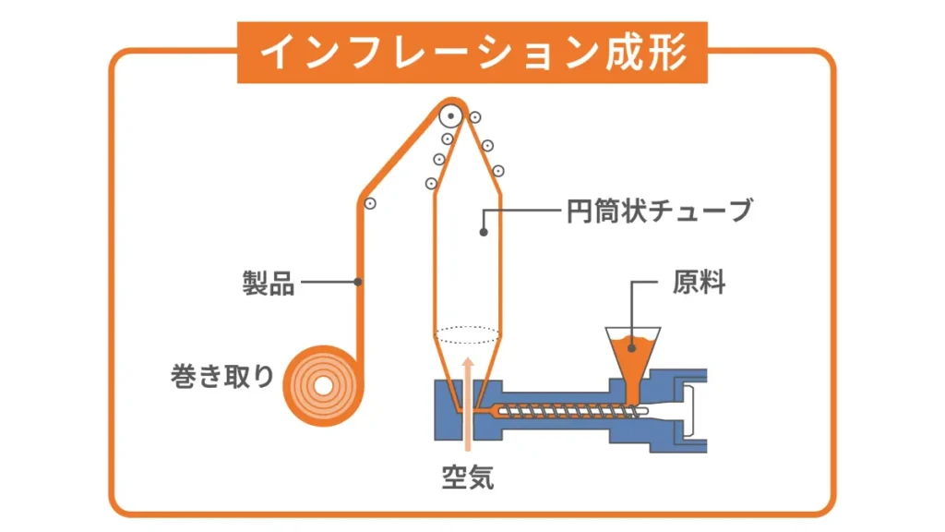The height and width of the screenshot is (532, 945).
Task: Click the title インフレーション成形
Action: (x=472, y=53)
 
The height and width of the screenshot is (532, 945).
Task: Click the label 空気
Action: (x=467, y=478)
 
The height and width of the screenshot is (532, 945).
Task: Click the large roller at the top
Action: (x=451, y=116)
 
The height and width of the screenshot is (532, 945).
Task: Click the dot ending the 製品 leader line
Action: (x=358, y=281)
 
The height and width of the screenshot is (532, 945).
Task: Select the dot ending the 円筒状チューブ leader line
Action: (x=483, y=233)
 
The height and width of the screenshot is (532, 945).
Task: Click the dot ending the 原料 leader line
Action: (x=631, y=348)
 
